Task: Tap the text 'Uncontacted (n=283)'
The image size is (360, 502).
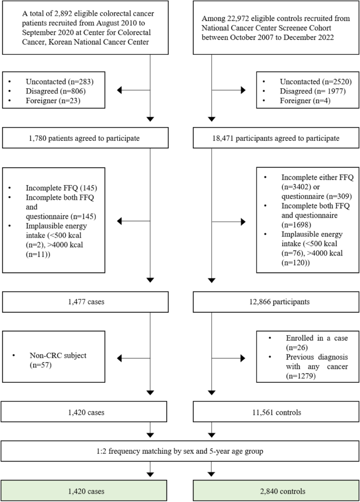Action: [x=57, y=81]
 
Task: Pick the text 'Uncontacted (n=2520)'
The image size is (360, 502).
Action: [x=311, y=81]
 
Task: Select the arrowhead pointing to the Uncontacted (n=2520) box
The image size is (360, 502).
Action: [x=242, y=90]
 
